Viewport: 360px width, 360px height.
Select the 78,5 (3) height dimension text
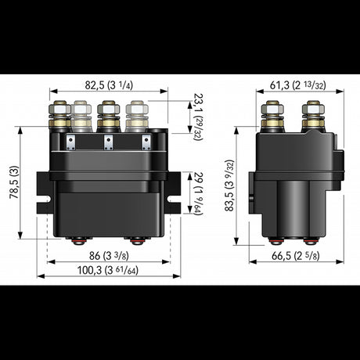[x=13, y=182]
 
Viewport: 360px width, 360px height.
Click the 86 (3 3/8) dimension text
[x=109, y=254]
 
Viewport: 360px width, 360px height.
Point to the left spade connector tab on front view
[x=70, y=141]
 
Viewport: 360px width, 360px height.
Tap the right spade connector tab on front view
[x=146, y=141]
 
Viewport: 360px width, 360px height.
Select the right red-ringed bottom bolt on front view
[x=137, y=240]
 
